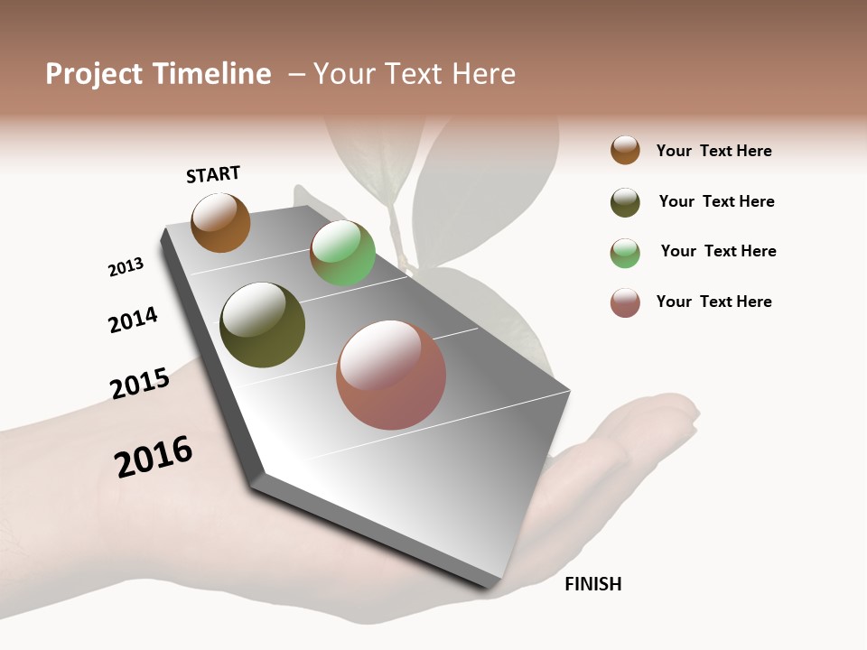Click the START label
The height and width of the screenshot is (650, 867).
pyautogui.click(x=213, y=174)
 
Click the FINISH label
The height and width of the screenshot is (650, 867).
pyautogui.click(x=592, y=584)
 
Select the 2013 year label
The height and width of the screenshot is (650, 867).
pyautogui.click(x=126, y=267)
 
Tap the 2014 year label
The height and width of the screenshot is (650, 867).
pyautogui.click(x=133, y=320)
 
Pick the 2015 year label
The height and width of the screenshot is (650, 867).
pyautogui.click(x=140, y=384)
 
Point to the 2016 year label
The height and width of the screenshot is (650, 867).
pyautogui.click(x=154, y=457)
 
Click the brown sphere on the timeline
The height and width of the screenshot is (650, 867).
pyautogui.click(x=220, y=223)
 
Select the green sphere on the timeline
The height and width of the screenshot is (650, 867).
pyautogui.click(x=342, y=254)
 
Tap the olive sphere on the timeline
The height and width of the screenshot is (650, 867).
pyautogui.click(x=262, y=325)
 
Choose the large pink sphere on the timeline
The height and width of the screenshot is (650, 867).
pyautogui.click(x=391, y=375)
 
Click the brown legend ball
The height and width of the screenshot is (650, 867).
pyautogui.click(x=625, y=151)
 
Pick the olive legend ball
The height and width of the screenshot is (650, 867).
pyautogui.click(x=625, y=202)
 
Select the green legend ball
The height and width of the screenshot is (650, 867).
pyautogui.click(x=625, y=253)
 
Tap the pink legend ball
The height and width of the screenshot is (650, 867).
pyautogui.click(x=625, y=302)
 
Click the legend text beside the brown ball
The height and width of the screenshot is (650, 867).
pyautogui.click(x=713, y=152)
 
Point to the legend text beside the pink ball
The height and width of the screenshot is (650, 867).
pyautogui.click(x=713, y=302)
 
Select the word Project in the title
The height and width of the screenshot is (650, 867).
pyautogui.click(x=94, y=74)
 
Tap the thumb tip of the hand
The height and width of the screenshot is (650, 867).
pyautogui.click(x=686, y=406)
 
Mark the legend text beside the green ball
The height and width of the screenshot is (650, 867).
pyautogui.click(x=718, y=251)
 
